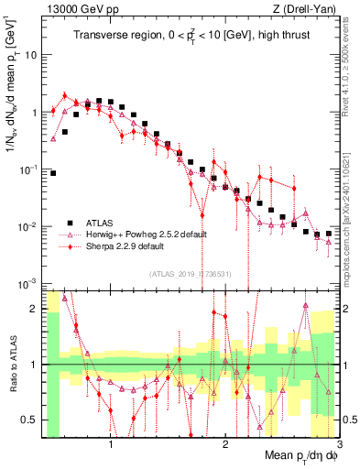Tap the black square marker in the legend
coord(69,222)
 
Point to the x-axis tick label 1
coord(111,449)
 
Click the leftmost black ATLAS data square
coord(53,172)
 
